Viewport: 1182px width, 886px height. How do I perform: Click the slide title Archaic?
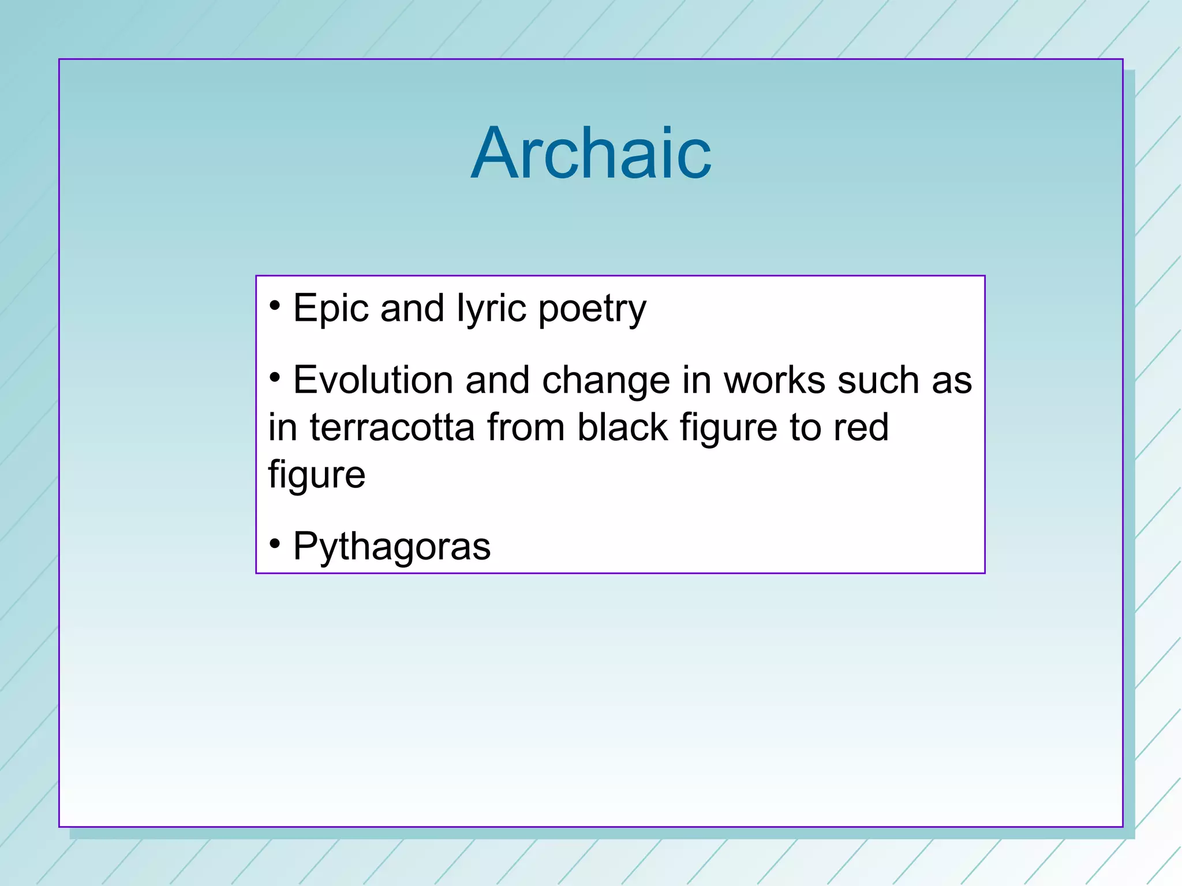coord(591,153)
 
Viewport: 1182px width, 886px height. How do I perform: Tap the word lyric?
coord(491,308)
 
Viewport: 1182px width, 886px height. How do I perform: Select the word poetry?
coord(592,309)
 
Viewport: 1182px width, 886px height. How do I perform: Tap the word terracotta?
coord(392,427)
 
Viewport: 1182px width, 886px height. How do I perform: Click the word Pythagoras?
coord(391,546)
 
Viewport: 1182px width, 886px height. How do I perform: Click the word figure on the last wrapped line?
coord(316,476)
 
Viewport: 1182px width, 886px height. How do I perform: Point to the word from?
coord(525,427)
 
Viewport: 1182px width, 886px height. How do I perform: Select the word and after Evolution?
coord(497,380)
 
